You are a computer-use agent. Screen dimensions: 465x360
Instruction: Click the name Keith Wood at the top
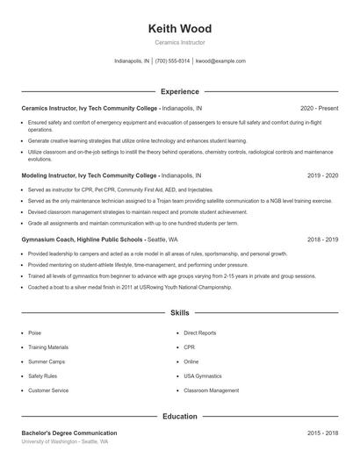click(180, 29)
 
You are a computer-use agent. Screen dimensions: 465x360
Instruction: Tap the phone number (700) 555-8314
click(172, 61)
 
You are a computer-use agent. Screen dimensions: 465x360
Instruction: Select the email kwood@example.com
click(220, 61)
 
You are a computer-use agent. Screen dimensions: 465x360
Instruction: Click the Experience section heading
click(180, 91)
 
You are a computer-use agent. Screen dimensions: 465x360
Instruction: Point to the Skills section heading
click(180, 312)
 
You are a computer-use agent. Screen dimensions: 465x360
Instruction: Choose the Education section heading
click(180, 417)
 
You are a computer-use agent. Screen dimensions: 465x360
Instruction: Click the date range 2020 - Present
click(319, 108)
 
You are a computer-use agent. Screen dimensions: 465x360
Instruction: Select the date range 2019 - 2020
click(323, 175)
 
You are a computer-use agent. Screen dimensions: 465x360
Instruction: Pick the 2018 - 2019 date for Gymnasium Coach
click(323, 239)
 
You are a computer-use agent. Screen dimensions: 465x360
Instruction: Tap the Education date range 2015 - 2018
click(323, 433)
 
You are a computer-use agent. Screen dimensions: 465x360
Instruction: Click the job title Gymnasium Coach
click(51, 239)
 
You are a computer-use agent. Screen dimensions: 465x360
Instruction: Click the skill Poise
click(35, 333)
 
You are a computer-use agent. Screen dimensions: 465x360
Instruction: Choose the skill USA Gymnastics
click(204, 376)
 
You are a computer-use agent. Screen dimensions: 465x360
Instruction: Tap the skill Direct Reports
click(200, 333)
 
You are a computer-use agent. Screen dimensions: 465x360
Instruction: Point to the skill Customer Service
click(48, 390)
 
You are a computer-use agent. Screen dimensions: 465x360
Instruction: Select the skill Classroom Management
click(211, 390)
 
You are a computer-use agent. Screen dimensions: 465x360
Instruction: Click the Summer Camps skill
click(45, 361)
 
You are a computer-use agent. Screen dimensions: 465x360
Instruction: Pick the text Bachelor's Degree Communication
click(69, 433)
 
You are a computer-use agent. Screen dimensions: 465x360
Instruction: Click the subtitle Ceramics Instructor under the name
click(180, 42)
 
